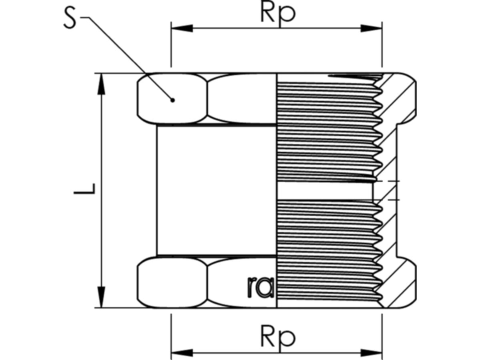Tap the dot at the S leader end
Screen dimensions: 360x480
(x=172, y=100)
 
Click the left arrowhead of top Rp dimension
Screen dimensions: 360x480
(x=182, y=28)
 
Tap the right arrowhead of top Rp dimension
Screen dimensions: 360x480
(x=371, y=28)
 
